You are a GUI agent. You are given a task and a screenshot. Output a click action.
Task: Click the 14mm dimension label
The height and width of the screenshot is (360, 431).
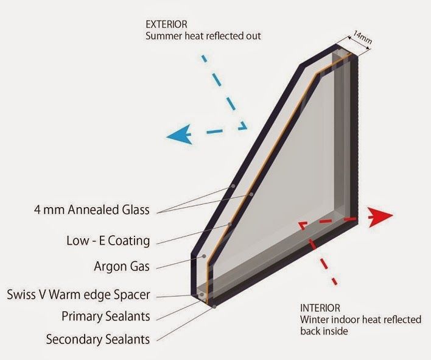(x=363, y=37)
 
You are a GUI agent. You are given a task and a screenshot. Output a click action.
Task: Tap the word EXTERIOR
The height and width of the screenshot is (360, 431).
(x=166, y=24)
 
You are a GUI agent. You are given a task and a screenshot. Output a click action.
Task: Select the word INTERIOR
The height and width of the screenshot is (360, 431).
(x=320, y=308)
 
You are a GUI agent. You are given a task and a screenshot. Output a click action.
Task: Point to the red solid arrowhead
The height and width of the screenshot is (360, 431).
(x=380, y=217)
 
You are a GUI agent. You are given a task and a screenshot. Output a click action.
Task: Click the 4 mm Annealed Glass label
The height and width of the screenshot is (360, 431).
(x=92, y=210)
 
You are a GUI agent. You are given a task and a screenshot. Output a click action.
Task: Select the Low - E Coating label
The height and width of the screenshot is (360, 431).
(x=108, y=241)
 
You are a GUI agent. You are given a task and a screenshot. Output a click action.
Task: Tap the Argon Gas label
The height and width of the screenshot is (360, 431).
(x=122, y=266)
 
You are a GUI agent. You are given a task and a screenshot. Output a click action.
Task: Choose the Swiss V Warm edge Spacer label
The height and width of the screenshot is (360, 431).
(x=79, y=295)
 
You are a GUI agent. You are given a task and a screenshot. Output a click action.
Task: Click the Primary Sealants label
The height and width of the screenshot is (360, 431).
(x=106, y=316)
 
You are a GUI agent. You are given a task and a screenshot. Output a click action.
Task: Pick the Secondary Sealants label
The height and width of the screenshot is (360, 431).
(x=98, y=339)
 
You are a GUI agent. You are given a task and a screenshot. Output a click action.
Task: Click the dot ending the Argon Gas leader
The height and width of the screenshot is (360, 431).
(x=204, y=256)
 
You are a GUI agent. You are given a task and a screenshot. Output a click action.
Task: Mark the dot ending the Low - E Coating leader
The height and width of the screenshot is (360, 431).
(x=230, y=224)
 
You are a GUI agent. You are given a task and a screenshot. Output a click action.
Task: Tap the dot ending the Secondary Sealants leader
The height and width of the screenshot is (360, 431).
(x=214, y=306)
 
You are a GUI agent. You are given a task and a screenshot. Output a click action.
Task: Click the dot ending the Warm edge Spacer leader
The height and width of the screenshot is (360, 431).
(x=202, y=295)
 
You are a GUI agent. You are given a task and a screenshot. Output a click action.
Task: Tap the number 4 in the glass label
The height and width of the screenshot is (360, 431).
(x=37, y=210)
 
